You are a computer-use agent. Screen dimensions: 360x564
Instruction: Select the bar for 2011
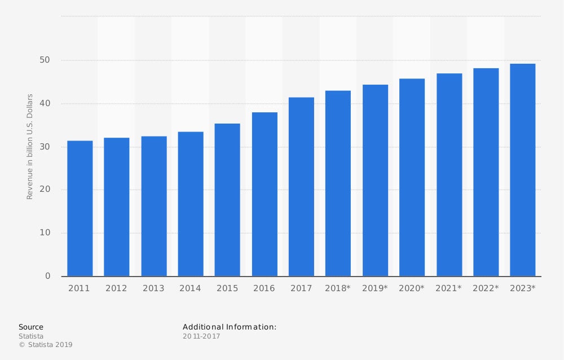pos(80,208)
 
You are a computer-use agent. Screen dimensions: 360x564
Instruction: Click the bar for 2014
pos(191,204)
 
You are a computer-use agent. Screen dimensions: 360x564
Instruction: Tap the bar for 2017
pos(301,187)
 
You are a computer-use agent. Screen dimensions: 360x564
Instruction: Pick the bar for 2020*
pos(412,177)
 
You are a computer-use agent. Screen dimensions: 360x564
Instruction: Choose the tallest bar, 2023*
pos(522,170)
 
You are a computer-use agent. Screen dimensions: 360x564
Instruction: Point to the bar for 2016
pos(265,194)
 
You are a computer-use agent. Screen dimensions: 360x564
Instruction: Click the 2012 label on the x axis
pos(116,288)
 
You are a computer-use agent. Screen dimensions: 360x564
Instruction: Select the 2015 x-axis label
pos(227,288)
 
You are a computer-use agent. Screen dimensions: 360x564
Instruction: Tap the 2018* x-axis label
pos(338,288)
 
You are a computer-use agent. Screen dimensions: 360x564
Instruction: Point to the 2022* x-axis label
pos(486,288)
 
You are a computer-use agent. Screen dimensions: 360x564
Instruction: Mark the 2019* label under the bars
pos(375,288)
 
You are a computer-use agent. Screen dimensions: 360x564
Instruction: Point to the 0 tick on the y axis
pos(48,276)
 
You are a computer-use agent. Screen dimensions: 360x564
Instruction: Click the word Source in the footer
pos(31,327)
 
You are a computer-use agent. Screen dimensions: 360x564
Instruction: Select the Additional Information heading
pos(230,327)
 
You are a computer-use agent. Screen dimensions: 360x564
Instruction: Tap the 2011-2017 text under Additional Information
pos(201,336)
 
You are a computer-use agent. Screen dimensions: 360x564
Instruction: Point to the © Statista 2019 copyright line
pos(46,345)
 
